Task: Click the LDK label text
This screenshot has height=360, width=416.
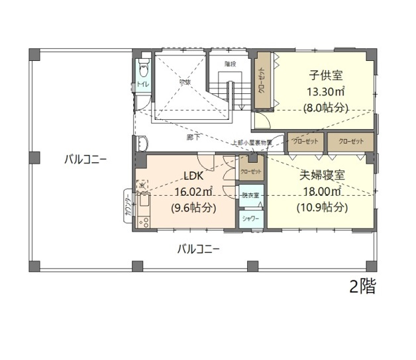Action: coord(192,175)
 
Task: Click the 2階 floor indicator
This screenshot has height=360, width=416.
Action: coord(362,286)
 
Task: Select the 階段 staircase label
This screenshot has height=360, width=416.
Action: coord(230,64)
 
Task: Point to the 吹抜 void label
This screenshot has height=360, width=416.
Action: coord(185,82)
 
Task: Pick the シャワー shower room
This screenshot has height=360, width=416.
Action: coord(250,218)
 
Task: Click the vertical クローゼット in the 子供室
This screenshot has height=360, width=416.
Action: coord(262,82)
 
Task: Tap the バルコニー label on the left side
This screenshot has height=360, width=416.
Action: coord(85,159)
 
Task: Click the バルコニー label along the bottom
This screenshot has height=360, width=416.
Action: coord(198,249)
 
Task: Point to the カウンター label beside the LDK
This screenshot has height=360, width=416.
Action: coord(127,205)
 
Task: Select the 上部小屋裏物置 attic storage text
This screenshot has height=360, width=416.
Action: coord(250,142)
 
